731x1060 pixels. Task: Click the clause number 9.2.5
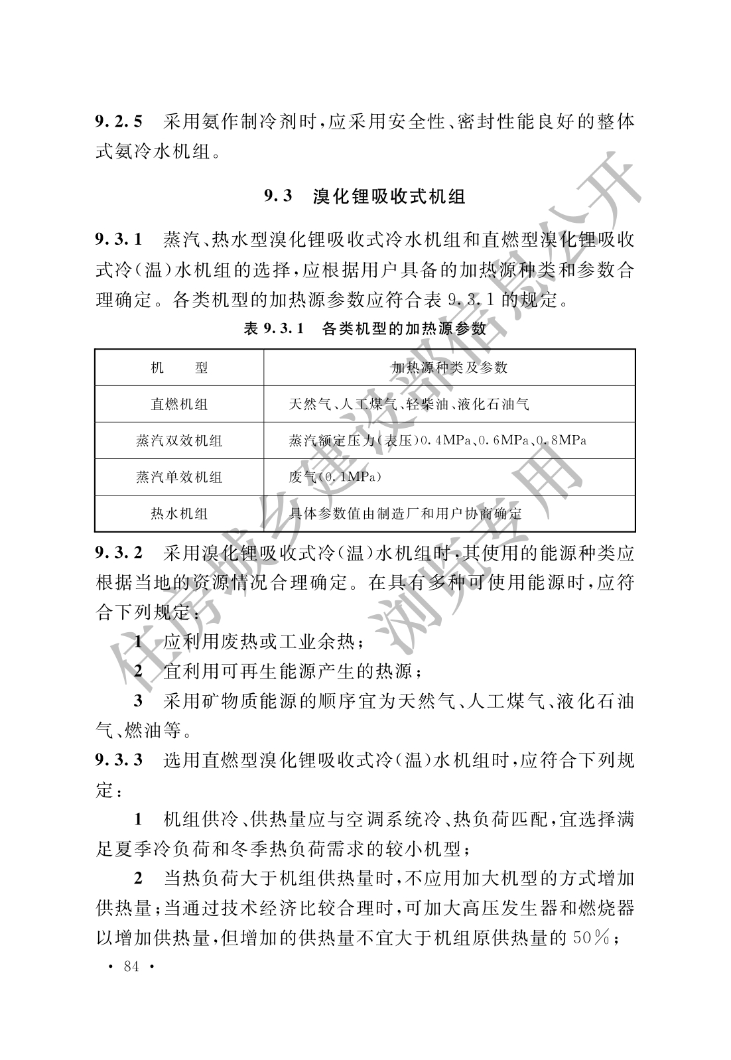119,122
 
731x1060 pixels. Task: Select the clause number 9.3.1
119,239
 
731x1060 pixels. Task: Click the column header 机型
179,367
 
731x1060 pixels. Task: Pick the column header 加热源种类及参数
449,367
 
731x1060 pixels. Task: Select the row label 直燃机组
179,404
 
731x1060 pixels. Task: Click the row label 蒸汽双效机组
179,440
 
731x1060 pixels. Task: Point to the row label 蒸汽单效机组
179,477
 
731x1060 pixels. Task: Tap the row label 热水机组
179,513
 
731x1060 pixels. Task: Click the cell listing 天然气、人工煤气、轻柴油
409,404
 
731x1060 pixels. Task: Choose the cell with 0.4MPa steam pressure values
437,440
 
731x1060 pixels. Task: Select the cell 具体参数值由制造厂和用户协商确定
405,513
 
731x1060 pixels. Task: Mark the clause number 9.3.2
119,553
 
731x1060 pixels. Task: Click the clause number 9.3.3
119,760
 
